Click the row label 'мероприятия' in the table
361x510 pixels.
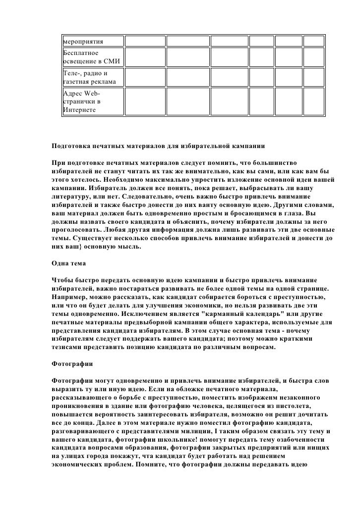[x=83, y=40]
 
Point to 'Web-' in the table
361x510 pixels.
[x=92, y=94]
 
